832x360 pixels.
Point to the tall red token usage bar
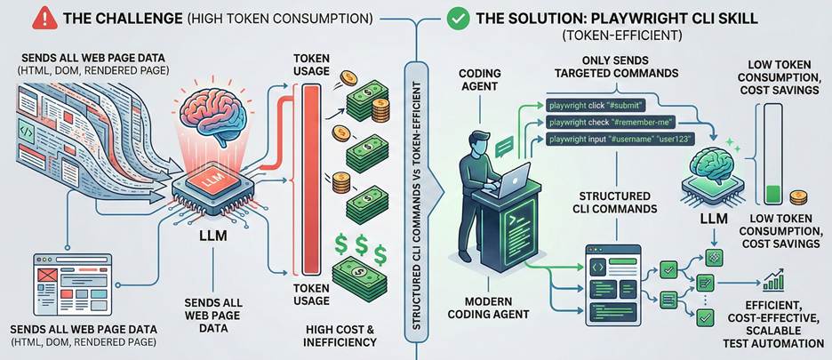(x=311, y=178)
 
